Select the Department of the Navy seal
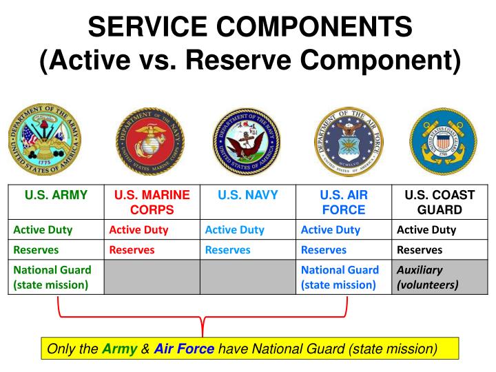coord(247,142)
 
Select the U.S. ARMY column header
coord(56,195)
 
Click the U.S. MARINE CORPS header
coord(152,203)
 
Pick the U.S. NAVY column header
coord(248,195)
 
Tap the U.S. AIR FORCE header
coord(344,203)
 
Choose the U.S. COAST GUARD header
coord(440,203)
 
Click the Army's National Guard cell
coord(52,277)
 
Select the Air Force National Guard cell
coord(340,277)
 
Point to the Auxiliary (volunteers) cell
coord(427,277)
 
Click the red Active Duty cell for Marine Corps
coord(138,230)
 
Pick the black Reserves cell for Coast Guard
coord(420,250)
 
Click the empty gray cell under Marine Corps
coord(152,277)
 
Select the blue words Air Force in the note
coord(184,349)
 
